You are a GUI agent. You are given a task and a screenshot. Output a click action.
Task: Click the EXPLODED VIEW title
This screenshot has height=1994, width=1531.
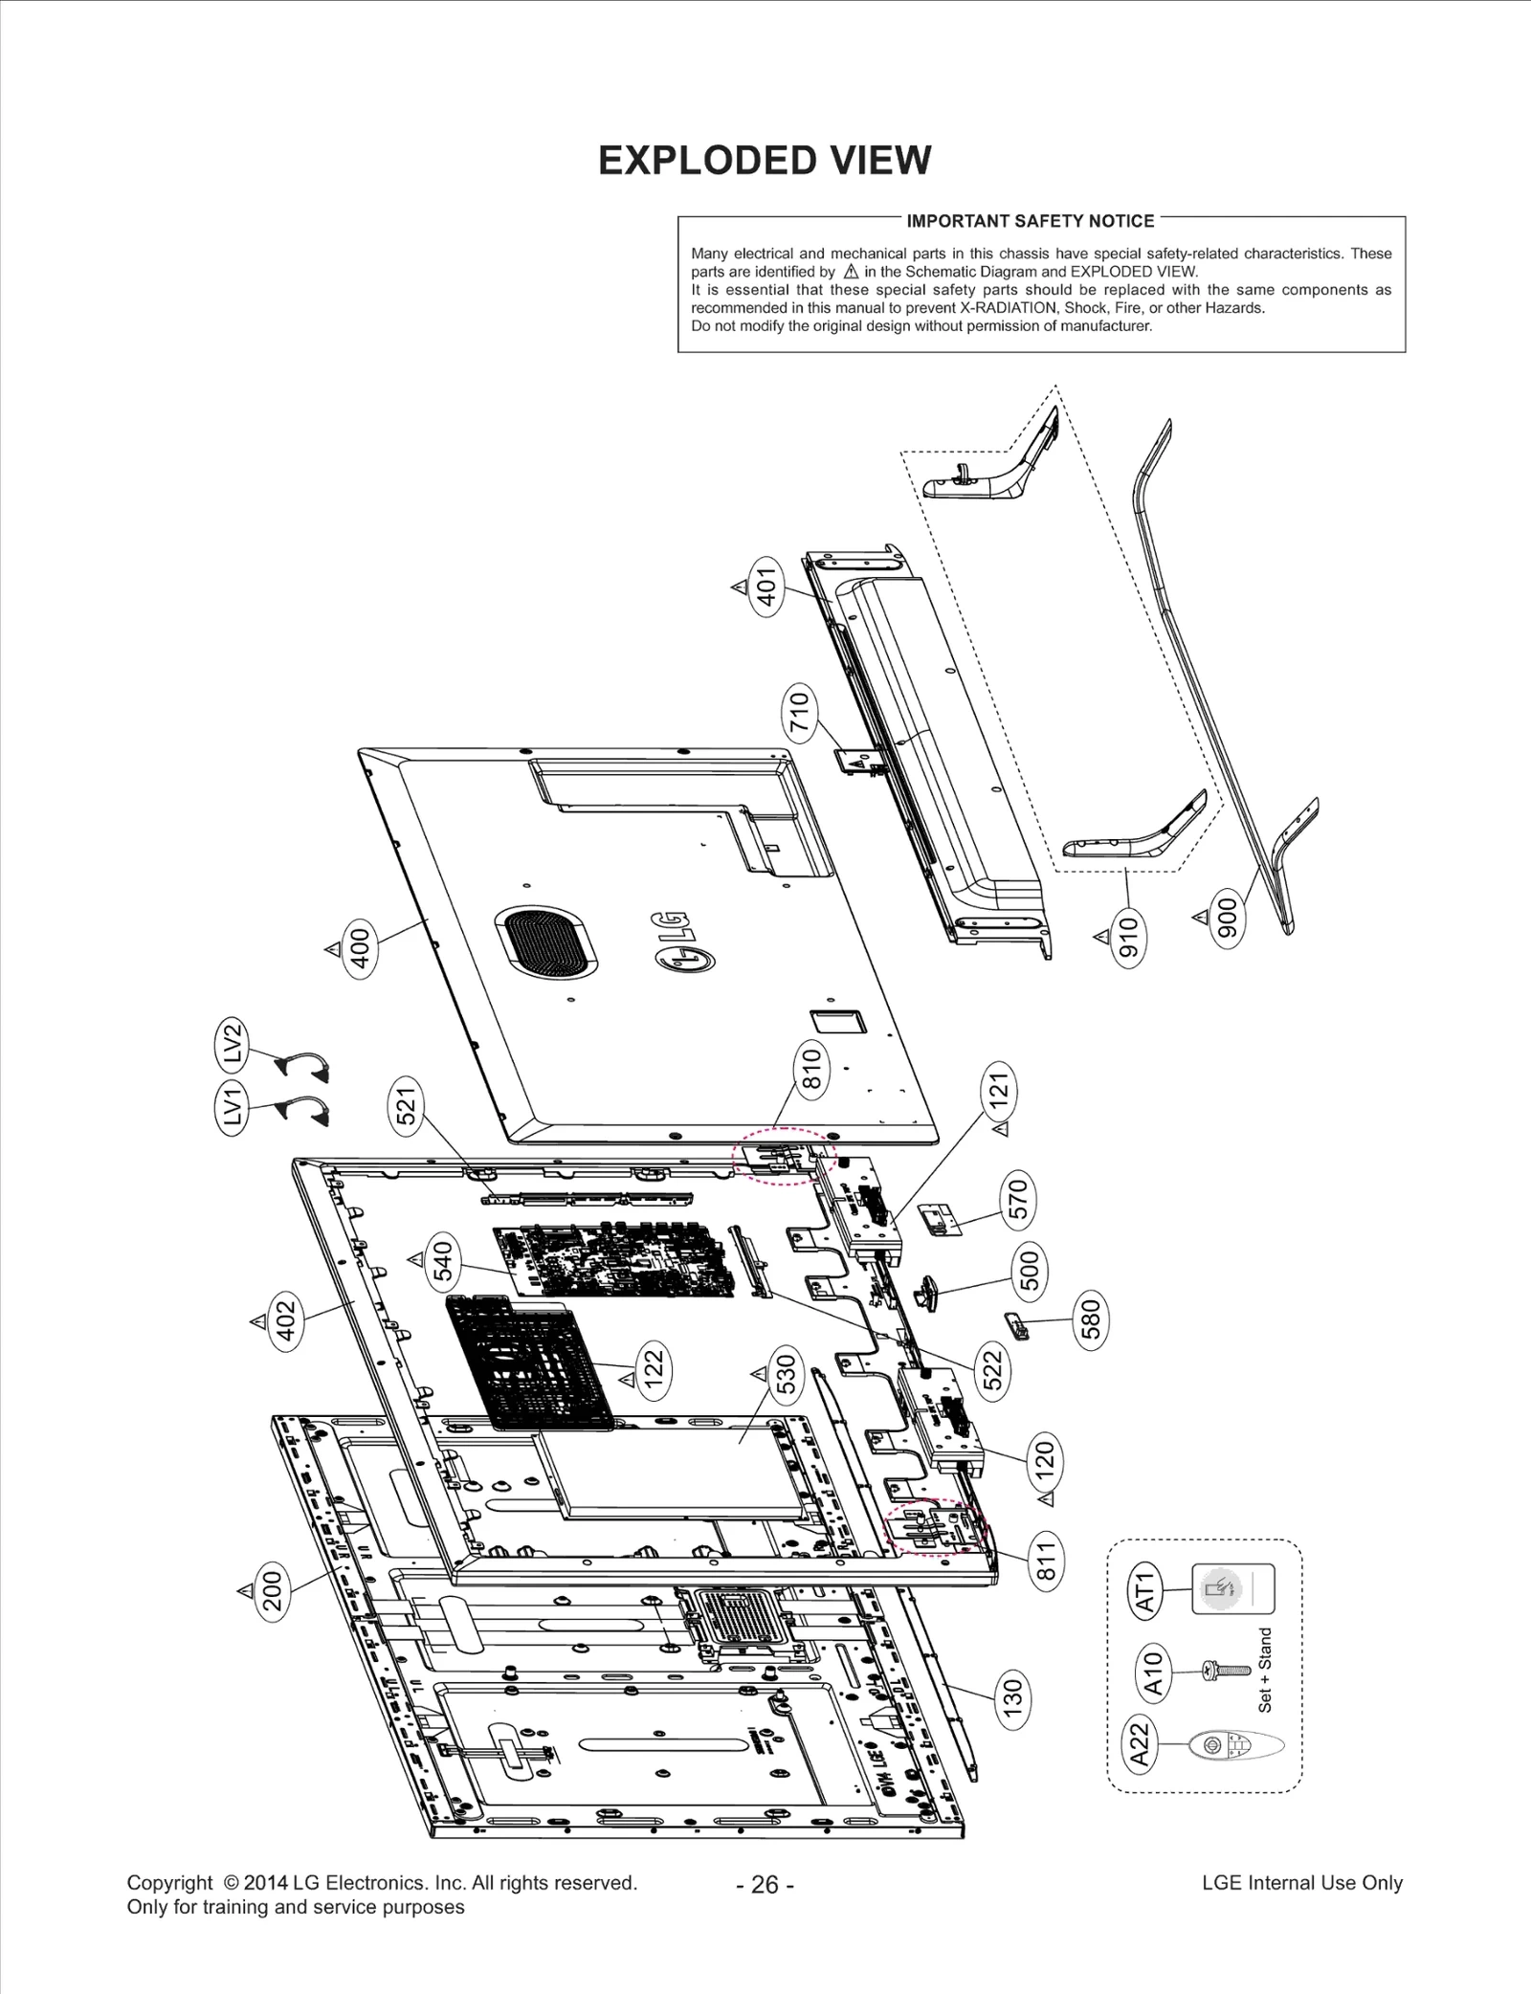[x=765, y=161]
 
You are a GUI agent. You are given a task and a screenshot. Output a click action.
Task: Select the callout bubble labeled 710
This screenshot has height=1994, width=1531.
[x=799, y=712]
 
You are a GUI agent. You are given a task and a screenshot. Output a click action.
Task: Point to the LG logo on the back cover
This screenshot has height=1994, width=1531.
[x=682, y=942]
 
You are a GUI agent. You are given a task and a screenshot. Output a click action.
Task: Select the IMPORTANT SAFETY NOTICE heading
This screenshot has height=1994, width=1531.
[x=1031, y=221]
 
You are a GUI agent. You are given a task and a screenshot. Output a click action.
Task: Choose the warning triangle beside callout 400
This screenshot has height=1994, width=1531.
[x=332, y=948]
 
